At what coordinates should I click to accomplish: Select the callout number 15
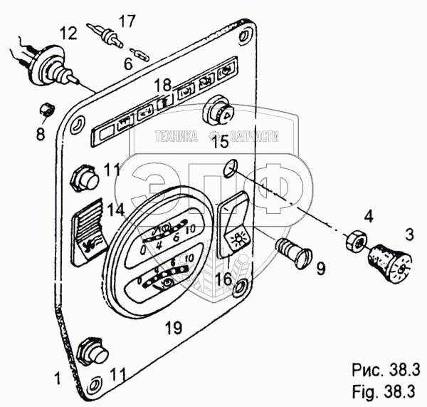pos(220,142)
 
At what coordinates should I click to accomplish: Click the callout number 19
pos(174,328)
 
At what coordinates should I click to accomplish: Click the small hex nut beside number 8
pos(46,110)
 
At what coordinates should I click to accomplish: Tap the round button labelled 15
pos(217,114)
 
